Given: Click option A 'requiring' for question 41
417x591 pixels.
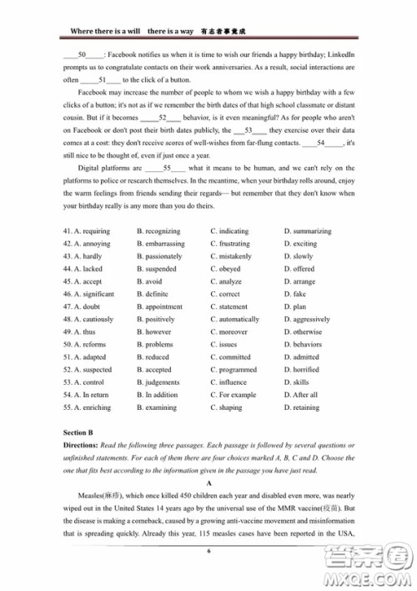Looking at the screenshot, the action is tap(91, 231).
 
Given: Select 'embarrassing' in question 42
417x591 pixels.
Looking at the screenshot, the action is tap(165, 244).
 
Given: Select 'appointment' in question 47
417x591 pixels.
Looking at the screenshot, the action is tap(163, 306).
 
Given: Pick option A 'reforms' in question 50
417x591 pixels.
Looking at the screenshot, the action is tap(89, 344).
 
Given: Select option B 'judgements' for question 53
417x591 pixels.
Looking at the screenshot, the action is tap(162, 382).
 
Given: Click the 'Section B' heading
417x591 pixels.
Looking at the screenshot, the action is tap(79, 433).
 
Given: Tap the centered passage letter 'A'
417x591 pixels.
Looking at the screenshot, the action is tap(208, 482).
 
